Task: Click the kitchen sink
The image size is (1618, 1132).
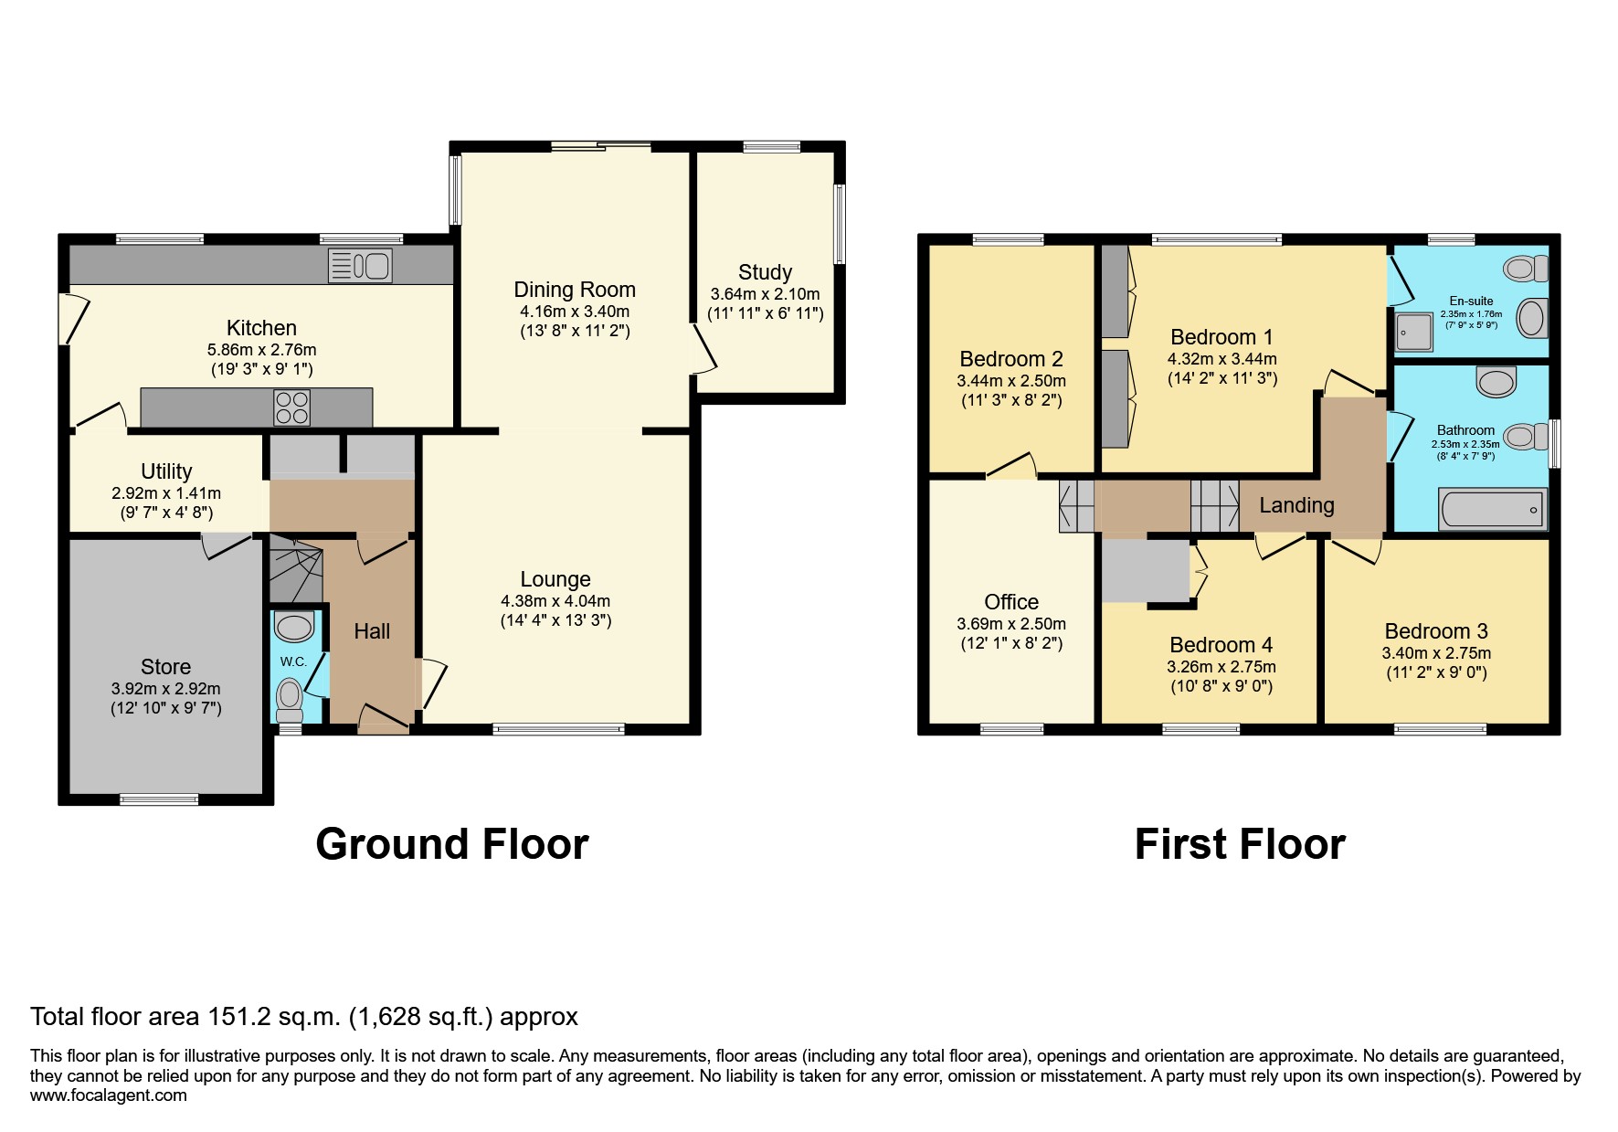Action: pos(360,265)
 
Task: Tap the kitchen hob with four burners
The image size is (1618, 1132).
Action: pos(292,407)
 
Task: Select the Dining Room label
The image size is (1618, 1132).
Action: pos(575,290)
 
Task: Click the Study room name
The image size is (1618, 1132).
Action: pos(766,272)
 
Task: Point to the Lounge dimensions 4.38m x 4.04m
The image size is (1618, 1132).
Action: pos(555,601)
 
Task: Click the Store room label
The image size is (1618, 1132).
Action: pos(165,667)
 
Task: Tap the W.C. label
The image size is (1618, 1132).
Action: pos(293,661)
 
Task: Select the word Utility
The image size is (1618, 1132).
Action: pos(166,471)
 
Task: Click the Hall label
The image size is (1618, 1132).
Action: pos(372,631)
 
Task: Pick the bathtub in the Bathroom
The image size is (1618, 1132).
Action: pos(1492,509)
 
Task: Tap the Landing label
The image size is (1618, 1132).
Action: pos(1296,505)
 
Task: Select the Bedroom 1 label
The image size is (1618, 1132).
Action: pos(1221,337)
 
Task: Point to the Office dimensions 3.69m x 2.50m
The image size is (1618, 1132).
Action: pos(1011,624)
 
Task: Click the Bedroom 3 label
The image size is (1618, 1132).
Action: pos(1436,631)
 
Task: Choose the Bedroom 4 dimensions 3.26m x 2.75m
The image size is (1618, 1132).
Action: pos(1221,667)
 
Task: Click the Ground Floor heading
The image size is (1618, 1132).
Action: pos(452,844)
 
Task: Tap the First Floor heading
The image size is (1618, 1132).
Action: pos(1240,844)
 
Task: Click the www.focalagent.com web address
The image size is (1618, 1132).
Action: pos(109,1095)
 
